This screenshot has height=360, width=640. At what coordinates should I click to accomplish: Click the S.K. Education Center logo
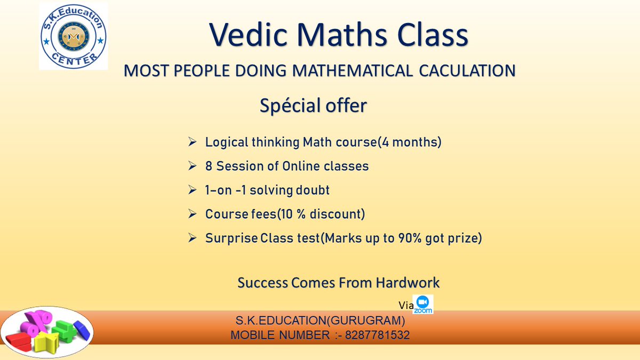(73, 36)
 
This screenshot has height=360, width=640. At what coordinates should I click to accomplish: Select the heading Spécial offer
(313, 106)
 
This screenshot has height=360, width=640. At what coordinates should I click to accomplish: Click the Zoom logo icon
(424, 304)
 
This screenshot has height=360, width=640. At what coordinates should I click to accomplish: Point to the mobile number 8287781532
(377, 335)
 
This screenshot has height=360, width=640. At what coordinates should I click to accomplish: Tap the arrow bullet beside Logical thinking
(193, 142)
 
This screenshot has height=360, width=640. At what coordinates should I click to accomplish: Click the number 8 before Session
(209, 166)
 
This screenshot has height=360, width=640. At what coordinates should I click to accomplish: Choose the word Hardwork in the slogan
(408, 282)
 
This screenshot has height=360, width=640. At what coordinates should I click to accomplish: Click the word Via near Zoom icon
(406, 306)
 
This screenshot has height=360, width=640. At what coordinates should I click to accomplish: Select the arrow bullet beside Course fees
(193, 214)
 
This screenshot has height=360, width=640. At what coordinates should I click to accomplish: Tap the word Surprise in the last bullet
(231, 238)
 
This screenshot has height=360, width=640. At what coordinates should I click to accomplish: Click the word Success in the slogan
(263, 282)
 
